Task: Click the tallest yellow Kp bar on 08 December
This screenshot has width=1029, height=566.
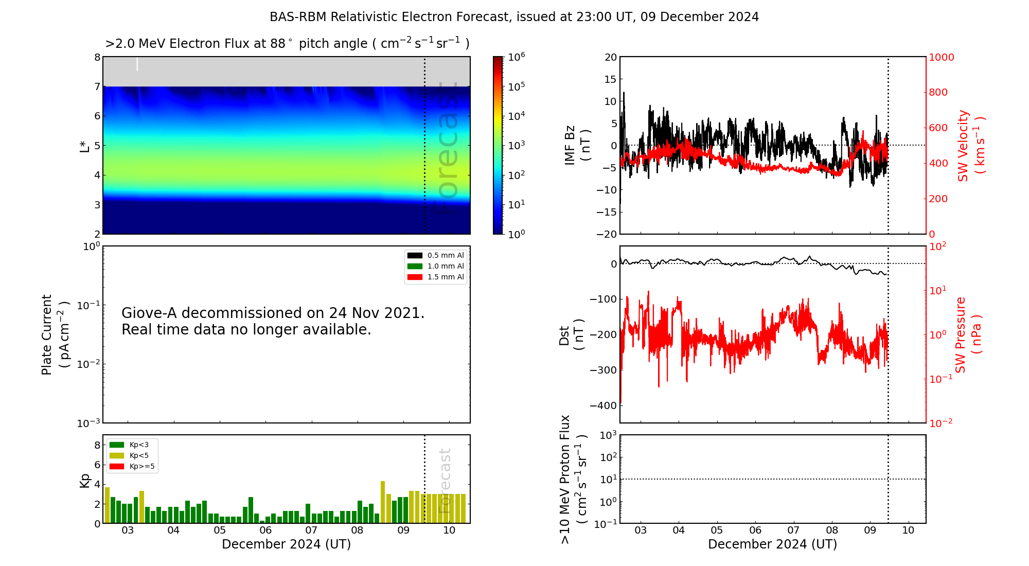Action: click(x=383, y=502)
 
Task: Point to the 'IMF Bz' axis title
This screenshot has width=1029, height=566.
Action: click(x=570, y=145)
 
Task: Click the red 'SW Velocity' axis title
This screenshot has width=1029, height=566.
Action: click(x=963, y=146)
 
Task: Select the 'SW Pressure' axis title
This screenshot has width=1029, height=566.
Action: click(x=961, y=335)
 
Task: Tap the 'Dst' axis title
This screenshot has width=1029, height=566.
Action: click(x=564, y=335)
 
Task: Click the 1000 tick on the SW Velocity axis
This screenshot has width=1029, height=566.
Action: click(x=941, y=57)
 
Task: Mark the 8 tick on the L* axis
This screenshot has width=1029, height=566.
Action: click(x=97, y=57)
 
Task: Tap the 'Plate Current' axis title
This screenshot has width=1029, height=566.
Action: click(x=47, y=335)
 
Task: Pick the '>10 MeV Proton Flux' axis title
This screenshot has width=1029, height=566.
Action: click(x=565, y=480)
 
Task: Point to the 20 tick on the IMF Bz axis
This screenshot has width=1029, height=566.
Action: click(x=611, y=57)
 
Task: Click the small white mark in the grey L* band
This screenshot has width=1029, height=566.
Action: click(x=137, y=64)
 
